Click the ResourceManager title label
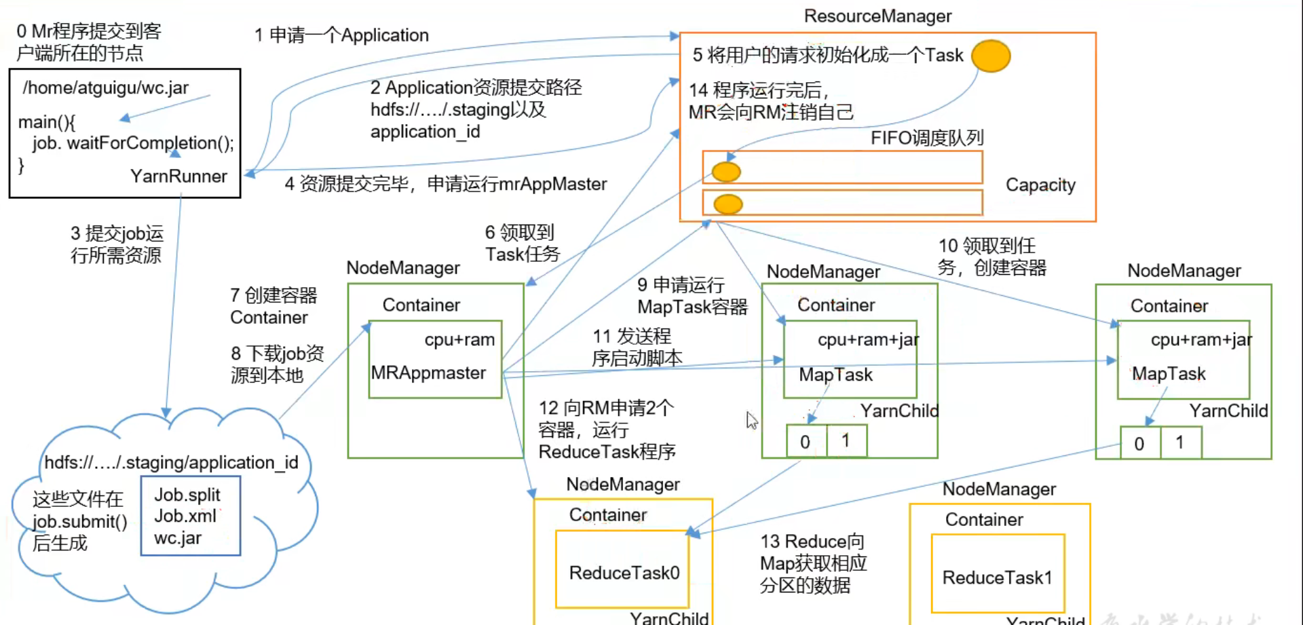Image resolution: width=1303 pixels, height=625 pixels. click(x=877, y=16)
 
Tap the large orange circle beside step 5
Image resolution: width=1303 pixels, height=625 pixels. click(x=991, y=56)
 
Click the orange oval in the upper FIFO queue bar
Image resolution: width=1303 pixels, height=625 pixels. click(x=726, y=172)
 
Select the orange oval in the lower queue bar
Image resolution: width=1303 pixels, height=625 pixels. click(x=728, y=204)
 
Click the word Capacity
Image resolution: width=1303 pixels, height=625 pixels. click(x=1040, y=185)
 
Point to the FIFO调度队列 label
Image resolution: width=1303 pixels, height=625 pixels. click(x=927, y=138)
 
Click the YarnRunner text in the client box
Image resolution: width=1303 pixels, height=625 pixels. click(x=178, y=176)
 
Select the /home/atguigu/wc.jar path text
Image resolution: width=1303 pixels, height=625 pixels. click(x=106, y=88)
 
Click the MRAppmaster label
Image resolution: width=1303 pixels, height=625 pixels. click(x=428, y=373)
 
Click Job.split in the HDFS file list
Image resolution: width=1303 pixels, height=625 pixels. click(x=187, y=495)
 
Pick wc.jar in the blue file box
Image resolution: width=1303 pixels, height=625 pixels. click(x=178, y=538)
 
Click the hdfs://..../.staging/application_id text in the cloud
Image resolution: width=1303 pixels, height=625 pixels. click(x=171, y=462)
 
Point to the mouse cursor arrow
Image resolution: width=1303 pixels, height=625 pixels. click(x=751, y=420)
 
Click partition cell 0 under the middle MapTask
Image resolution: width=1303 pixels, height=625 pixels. click(x=806, y=442)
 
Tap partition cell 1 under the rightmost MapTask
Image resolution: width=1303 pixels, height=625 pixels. click(x=1180, y=442)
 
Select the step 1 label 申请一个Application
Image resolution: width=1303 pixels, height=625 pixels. click(x=341, y=35)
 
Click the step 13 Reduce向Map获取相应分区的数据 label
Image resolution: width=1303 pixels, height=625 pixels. click(x=813, y=563)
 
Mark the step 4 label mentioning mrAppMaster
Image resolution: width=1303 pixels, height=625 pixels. click(x=446, y=184)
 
